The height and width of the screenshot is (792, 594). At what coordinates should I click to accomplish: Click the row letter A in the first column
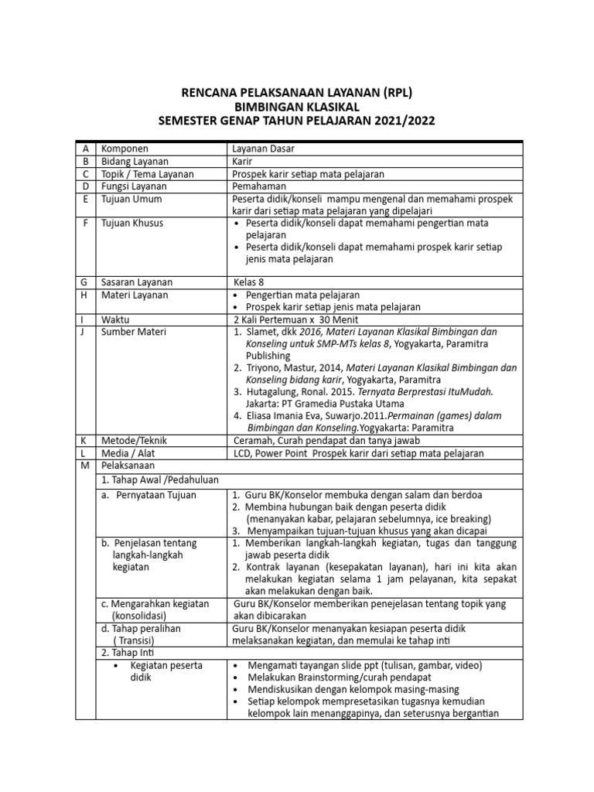point(85,148)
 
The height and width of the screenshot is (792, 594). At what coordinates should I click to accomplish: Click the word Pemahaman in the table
point(259,186)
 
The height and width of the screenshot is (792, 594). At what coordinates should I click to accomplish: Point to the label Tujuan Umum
point(131,199)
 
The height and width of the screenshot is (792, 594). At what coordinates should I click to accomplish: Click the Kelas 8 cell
point(249,282)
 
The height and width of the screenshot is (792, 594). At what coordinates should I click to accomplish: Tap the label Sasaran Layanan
point(138,282)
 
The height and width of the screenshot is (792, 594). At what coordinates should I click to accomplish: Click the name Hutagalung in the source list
point(280,392)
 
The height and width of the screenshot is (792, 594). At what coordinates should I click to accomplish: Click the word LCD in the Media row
point(242,452)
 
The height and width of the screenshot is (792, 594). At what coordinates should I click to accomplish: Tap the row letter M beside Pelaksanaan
point(85,466)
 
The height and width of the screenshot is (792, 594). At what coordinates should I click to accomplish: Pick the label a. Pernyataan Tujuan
point(149,494)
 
